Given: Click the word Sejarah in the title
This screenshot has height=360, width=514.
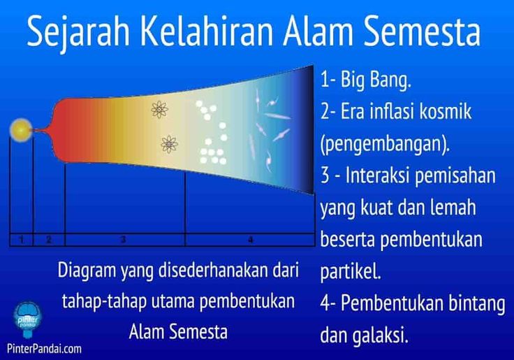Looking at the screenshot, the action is [78, 32].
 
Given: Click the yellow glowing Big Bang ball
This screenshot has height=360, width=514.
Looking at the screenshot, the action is [21, 130].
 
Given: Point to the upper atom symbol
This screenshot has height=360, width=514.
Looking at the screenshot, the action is [160, 109].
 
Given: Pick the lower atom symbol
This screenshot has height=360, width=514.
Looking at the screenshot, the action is [169, 144].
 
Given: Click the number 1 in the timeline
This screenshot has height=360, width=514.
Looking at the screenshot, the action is [22, 240].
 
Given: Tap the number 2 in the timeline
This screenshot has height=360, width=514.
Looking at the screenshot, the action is [49, 240].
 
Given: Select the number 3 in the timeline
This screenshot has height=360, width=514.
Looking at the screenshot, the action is [123, 240].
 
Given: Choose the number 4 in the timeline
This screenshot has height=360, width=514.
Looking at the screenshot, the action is [250, 240].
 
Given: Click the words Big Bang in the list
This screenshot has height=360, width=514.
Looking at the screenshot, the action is [375, 80].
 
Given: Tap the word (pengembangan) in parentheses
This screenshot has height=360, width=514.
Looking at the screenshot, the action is [385, 144].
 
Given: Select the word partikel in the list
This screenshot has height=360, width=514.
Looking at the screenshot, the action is [351, 271].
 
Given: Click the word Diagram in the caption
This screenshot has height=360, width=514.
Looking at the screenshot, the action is [87, 271].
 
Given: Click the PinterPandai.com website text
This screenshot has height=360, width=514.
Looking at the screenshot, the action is [44, 348].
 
